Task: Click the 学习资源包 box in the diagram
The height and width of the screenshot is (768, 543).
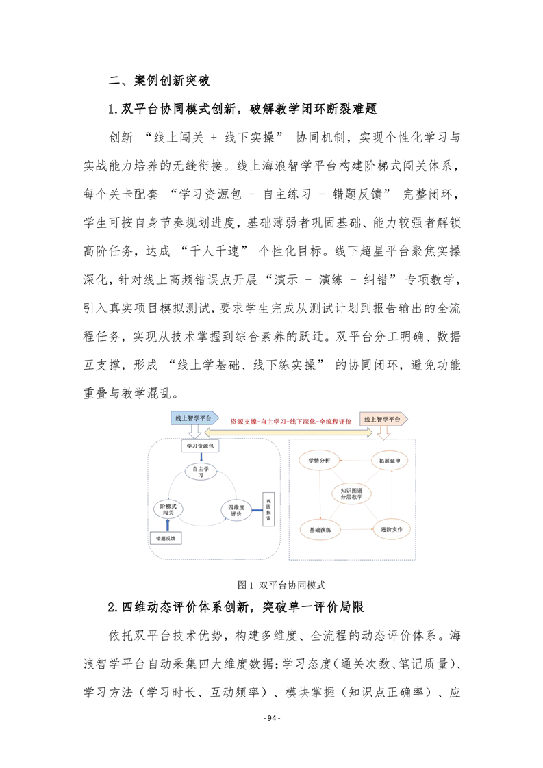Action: pyautogui.click(x=200, y=446)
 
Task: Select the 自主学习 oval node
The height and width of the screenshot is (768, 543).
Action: pyautogui.click(x=200, y=471)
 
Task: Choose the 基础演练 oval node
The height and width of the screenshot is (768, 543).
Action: pyautogui.click(x=319, y=529)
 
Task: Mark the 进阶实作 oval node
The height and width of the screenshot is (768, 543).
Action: pyautogui.click(x=388, y=529)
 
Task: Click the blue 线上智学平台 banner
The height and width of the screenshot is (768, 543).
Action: pyautogui.click(x=196, y=418)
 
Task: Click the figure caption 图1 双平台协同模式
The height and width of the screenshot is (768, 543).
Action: pyautogui.click(x=281, y=585)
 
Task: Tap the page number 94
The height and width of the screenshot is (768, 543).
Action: pyautogui.click(x=272, y=737)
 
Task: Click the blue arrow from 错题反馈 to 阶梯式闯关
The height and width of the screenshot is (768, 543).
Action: pyautogui.click(x=167, y=526)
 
